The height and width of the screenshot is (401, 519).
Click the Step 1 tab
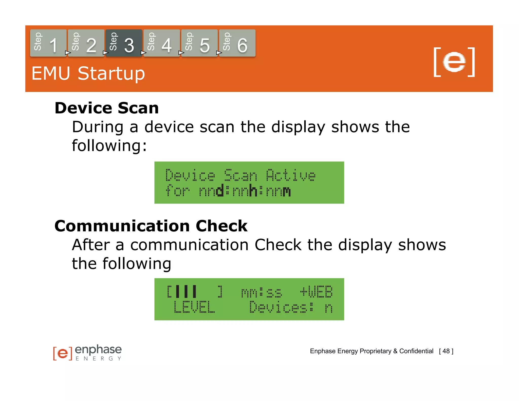(x=48, y=43)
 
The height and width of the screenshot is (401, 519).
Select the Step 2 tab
(x=86, y=43)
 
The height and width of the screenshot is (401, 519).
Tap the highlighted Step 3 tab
(x=124, y=43)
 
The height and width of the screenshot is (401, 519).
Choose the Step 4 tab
(x=161, y=43)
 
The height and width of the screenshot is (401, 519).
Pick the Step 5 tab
(x=199, y=43)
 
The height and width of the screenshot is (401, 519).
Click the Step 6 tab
(x=237, y=43)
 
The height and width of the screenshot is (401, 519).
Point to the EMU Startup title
(x=88, y=74)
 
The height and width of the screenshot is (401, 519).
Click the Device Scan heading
(x=107, y=108)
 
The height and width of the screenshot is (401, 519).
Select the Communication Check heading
(x=151, y=226)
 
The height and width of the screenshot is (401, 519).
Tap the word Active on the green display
(x=291, y=175)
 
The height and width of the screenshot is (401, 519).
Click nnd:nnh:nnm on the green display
(x=245, y=191)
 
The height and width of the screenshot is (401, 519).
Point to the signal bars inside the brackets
(x=186, y=291)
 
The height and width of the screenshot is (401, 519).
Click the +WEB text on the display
(x=316, y=292)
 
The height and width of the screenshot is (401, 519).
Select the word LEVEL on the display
(x=194, y=307)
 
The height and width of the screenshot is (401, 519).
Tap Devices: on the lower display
(x=281, y=307)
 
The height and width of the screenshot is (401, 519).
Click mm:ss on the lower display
(x=261, y=293)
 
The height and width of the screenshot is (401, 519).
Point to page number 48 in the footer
(x=446, y=351)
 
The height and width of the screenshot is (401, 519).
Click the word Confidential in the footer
(x=416, y=351)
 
